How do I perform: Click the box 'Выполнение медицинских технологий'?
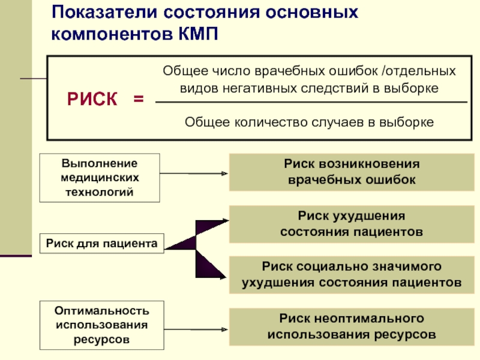coord(100,178)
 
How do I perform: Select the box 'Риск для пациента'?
coord(101,242)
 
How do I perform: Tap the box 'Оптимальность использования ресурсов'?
coord(101,325)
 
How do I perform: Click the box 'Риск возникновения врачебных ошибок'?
coord(351,172)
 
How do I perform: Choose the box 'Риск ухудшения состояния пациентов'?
coord(351,223)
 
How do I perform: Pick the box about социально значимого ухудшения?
coord(351,274)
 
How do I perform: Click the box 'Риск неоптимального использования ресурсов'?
coord(351,326)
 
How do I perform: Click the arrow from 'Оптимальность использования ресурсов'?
coord(195,329)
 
